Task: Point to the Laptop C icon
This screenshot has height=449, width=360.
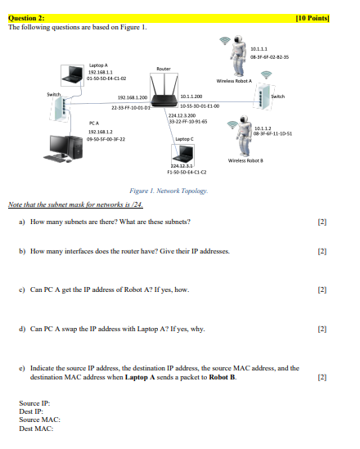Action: click(x=186, y=155)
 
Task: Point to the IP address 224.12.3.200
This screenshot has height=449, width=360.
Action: click(x=182, y=116)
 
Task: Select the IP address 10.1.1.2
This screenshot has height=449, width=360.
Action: click(x=263, y=128)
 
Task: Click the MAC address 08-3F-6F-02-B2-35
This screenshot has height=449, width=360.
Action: click(x=269, y=58)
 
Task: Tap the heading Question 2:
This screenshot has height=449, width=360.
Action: click(x=26, y=17)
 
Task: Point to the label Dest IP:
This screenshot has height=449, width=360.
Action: click(x=32, y=411)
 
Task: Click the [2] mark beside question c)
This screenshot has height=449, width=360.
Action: click(x=322, y=290)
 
